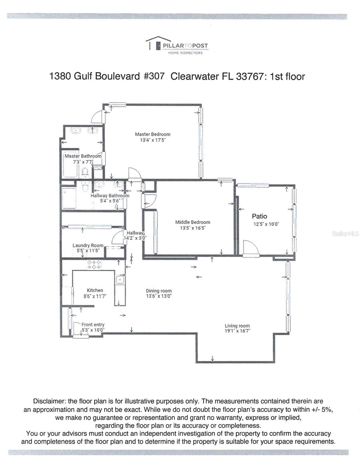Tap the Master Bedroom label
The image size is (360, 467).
pyautogui.click(x=152, y=134)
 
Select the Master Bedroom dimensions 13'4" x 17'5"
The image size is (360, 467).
pyautogui.click(x=152, y=140)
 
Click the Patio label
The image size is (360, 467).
pyautogui.click(x=259, y=216)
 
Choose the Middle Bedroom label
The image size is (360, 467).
pyautogui.click(x=192, y=223)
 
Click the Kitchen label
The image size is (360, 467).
pyautogui.click(x=95, y=290)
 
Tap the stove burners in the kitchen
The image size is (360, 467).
pyautogui.click(x=94, y=265)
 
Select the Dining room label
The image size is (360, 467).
pyautogui.click(x=159, y=291)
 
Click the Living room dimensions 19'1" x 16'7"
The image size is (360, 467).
pyautogui.click(x=237, y=331)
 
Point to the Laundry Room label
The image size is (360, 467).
pyautogui.click(x=88, y=246)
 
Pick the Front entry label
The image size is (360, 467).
pyautogui.click(x=93, y=325)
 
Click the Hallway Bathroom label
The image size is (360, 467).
pyautogui.click(x=110, y=196)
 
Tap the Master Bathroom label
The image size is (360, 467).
pyautogui.click(x=83, y=156)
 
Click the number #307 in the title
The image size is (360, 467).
pyautogui.click(x=154, y=76)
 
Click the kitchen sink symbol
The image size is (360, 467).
pyautogui.click(x=120, y=279)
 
